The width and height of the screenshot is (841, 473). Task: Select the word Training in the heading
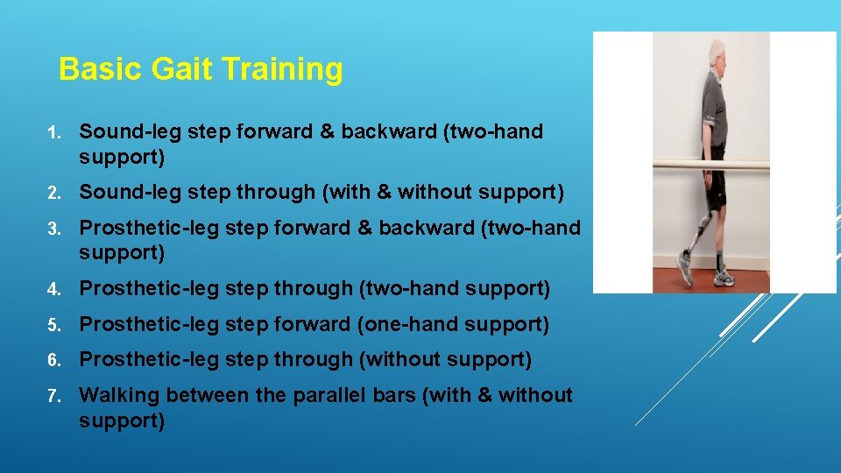(280, 69)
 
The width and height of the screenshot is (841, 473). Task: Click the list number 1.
(53, 132)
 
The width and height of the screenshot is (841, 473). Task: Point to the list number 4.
(53, 289)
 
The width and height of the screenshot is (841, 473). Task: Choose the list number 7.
(53, 396)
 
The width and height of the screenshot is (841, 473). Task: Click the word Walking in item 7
(119, 395)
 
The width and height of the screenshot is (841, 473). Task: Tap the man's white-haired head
(717, 53)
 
